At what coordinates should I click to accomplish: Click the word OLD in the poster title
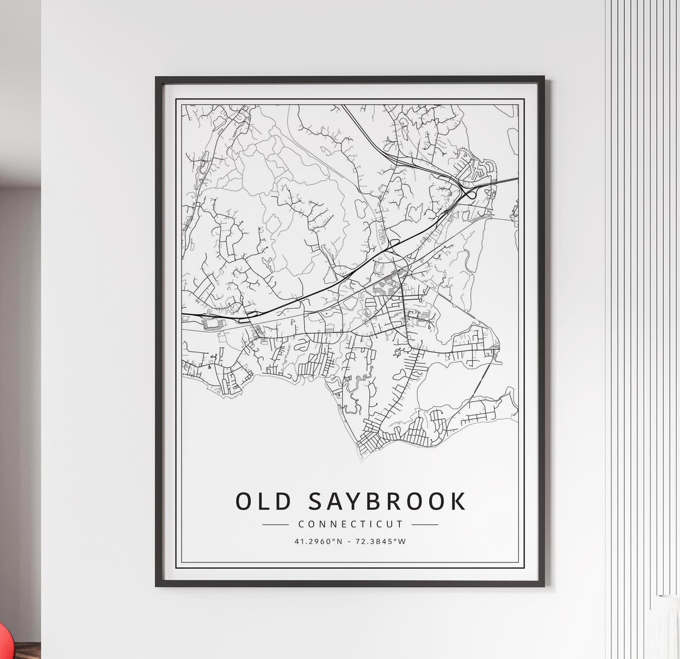[264, 501]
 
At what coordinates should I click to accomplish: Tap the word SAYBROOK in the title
[388, 501]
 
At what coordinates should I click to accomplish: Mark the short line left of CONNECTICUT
[275, 524]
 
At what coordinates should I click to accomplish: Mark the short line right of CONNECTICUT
[425, 524]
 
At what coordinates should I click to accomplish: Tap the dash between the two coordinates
[349, 541]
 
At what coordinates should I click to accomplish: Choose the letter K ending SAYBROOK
[458, 501]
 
